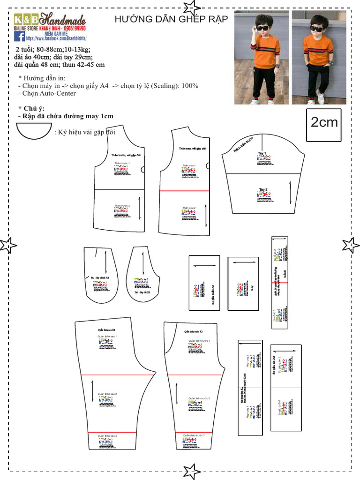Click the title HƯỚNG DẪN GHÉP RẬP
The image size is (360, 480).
[x=171, y=19]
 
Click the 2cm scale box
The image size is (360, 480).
[x=324, y=123]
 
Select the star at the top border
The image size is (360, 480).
[x=191, y=7]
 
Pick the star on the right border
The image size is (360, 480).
[x=350, y=245]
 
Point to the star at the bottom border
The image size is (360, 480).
[x=191, y=471]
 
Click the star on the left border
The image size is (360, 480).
[x=8, y=245]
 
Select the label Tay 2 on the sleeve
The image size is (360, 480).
[x=263, y=190]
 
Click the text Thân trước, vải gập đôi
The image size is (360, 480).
[x=126, y=155]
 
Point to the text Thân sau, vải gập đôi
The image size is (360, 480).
[x=192, y=149]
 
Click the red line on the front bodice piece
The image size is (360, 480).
[x=119, y=189]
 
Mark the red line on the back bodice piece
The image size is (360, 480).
[x=184, y=191]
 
